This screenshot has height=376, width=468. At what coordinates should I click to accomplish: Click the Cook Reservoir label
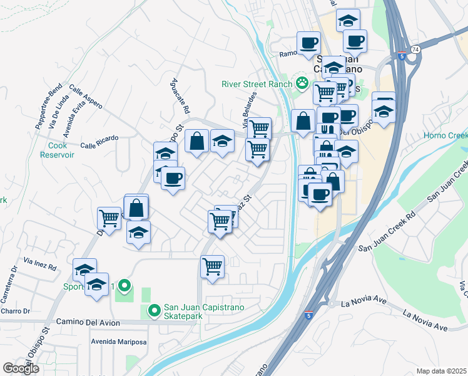pos(61,150)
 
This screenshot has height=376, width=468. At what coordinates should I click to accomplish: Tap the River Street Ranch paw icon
pos(303,82)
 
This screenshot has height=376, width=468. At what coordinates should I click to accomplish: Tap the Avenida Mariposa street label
pos(119,342)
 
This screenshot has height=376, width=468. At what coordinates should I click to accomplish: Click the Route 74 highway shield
pos(415,49)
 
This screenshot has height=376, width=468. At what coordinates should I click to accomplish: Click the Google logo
pos(21,368)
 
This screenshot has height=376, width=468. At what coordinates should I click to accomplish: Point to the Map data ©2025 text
pos(441,371)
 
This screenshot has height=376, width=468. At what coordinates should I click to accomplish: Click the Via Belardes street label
pos(249,106)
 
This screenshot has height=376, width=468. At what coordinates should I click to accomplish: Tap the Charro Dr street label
pos(15,311)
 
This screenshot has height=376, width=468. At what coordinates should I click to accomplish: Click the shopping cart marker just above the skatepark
pos(212,266)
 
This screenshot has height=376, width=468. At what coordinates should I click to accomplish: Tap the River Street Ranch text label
pos(258,85)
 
